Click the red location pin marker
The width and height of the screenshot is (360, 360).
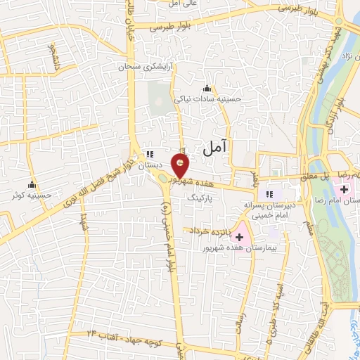click(x=181, y=167)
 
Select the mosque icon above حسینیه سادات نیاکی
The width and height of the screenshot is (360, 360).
click(x=207, y=88)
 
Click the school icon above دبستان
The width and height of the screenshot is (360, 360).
click(x=149, y=155)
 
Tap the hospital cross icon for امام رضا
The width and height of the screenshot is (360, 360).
click(x=346, y=188)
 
